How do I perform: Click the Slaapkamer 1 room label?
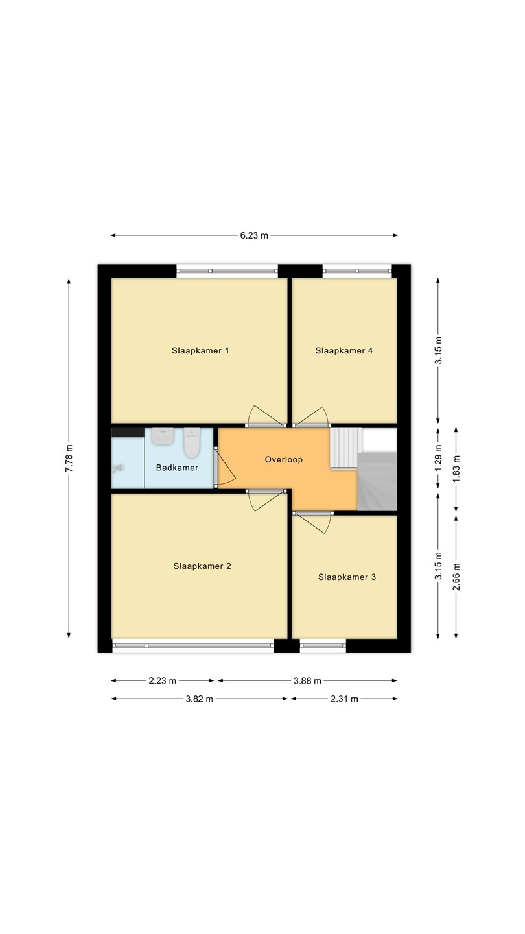[200, 351]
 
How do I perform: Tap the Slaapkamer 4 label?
[344, 351]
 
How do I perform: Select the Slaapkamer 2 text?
[202, 566]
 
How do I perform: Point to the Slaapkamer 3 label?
[347, 577]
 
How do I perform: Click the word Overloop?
[284, 459]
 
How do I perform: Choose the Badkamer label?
[177, 468]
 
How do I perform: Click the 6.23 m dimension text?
[254, 235]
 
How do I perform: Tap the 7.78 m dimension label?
[69, 458]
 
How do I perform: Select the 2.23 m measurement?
[163, 681]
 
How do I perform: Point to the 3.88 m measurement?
[307, 681]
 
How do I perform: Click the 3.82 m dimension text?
[199, 699]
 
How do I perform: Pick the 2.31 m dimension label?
[344, 699]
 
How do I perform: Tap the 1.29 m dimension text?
[438, 458]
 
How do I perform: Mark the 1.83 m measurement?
[457, 470]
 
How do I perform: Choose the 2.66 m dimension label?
[457, 577]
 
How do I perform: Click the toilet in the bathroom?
[192, 443]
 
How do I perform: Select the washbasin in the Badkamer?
[163, 437]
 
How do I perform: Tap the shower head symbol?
[118, 469]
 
